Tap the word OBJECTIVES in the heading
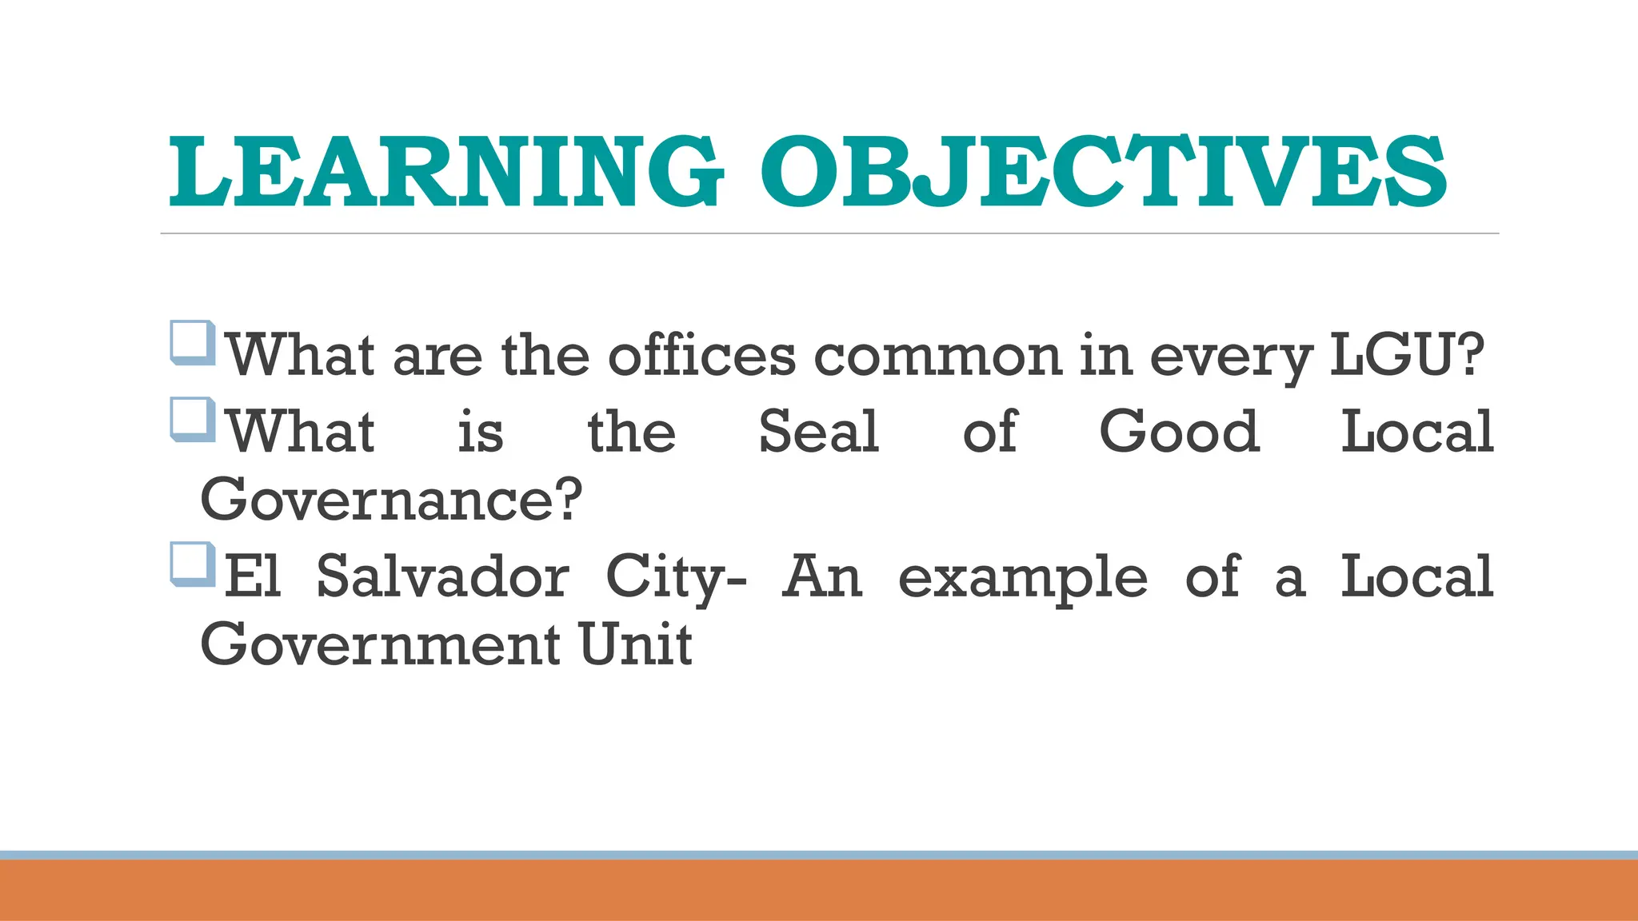pyautogui.click(x=1103, y=171)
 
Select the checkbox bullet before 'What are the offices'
pyautogui.click(x=193, y=342)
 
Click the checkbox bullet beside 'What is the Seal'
pyautogui.click(x=193, y=420)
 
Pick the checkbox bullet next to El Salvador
pyautogui.click(x=193, y=564)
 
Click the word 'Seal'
pyautogui.click(x=818, y=432)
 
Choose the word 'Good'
pyautogui.click(x=1180, y=432)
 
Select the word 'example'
pyautogui.click(x=1022, y=578)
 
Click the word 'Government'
pyautogui.click(x=380, y=644)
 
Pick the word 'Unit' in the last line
pyautogui.click(x=635, y=644)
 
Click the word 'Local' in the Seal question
pyautogui.click(x=1416, y=432)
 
